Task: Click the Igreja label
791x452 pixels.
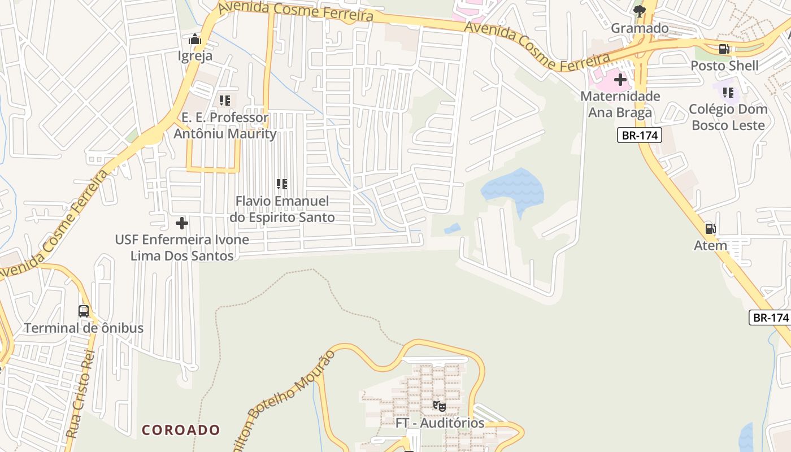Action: (x=195, y=56)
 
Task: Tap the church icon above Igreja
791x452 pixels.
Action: (x=195, y=40)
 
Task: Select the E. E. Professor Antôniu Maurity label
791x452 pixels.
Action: (x=225, y=126)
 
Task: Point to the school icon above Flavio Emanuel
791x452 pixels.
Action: (x=282, y=184)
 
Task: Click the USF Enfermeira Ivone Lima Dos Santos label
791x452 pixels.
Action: (x=182, y=247)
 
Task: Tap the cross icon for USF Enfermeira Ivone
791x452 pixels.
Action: (x=182, y=223)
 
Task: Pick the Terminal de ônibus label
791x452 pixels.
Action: (x=84, y=328)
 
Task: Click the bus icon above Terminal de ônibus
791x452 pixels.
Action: (x=84, y=311)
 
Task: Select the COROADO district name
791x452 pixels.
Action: (x=181, y=430)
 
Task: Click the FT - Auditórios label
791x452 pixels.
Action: (x=440, y=423)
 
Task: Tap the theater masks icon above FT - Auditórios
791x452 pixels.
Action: (x=440, y=406)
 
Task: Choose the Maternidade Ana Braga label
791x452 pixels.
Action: (x=620, y=105)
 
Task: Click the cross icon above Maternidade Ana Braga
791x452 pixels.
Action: (x=620, y=80)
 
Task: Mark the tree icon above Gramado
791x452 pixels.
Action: (x=640, y=11)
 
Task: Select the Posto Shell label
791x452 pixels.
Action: (x=724, y=66)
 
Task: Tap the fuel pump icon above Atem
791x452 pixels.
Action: (x=711, y=229)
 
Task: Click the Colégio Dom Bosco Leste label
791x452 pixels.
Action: (x=728, y=117)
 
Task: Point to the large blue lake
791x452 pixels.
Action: (x=513, y=188)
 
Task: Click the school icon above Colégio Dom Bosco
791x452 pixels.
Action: (x=728, y=92)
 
